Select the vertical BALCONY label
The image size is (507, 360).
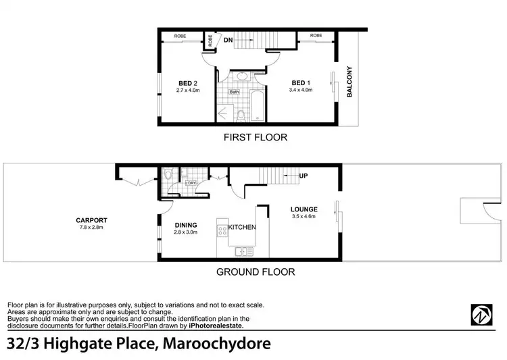pos(349,82)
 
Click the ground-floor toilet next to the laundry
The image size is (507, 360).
pos(167,176)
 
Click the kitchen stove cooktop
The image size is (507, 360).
pos(220,230)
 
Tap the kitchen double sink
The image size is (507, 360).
pos(244,251)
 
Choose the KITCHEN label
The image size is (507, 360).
pos(242,228)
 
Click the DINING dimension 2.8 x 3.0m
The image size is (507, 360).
pos(185,232)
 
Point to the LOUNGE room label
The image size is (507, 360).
pos(304,209)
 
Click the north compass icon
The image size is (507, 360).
pos(481,315)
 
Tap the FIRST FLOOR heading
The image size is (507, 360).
pos(256,137)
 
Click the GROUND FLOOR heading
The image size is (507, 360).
pos(255,272)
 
